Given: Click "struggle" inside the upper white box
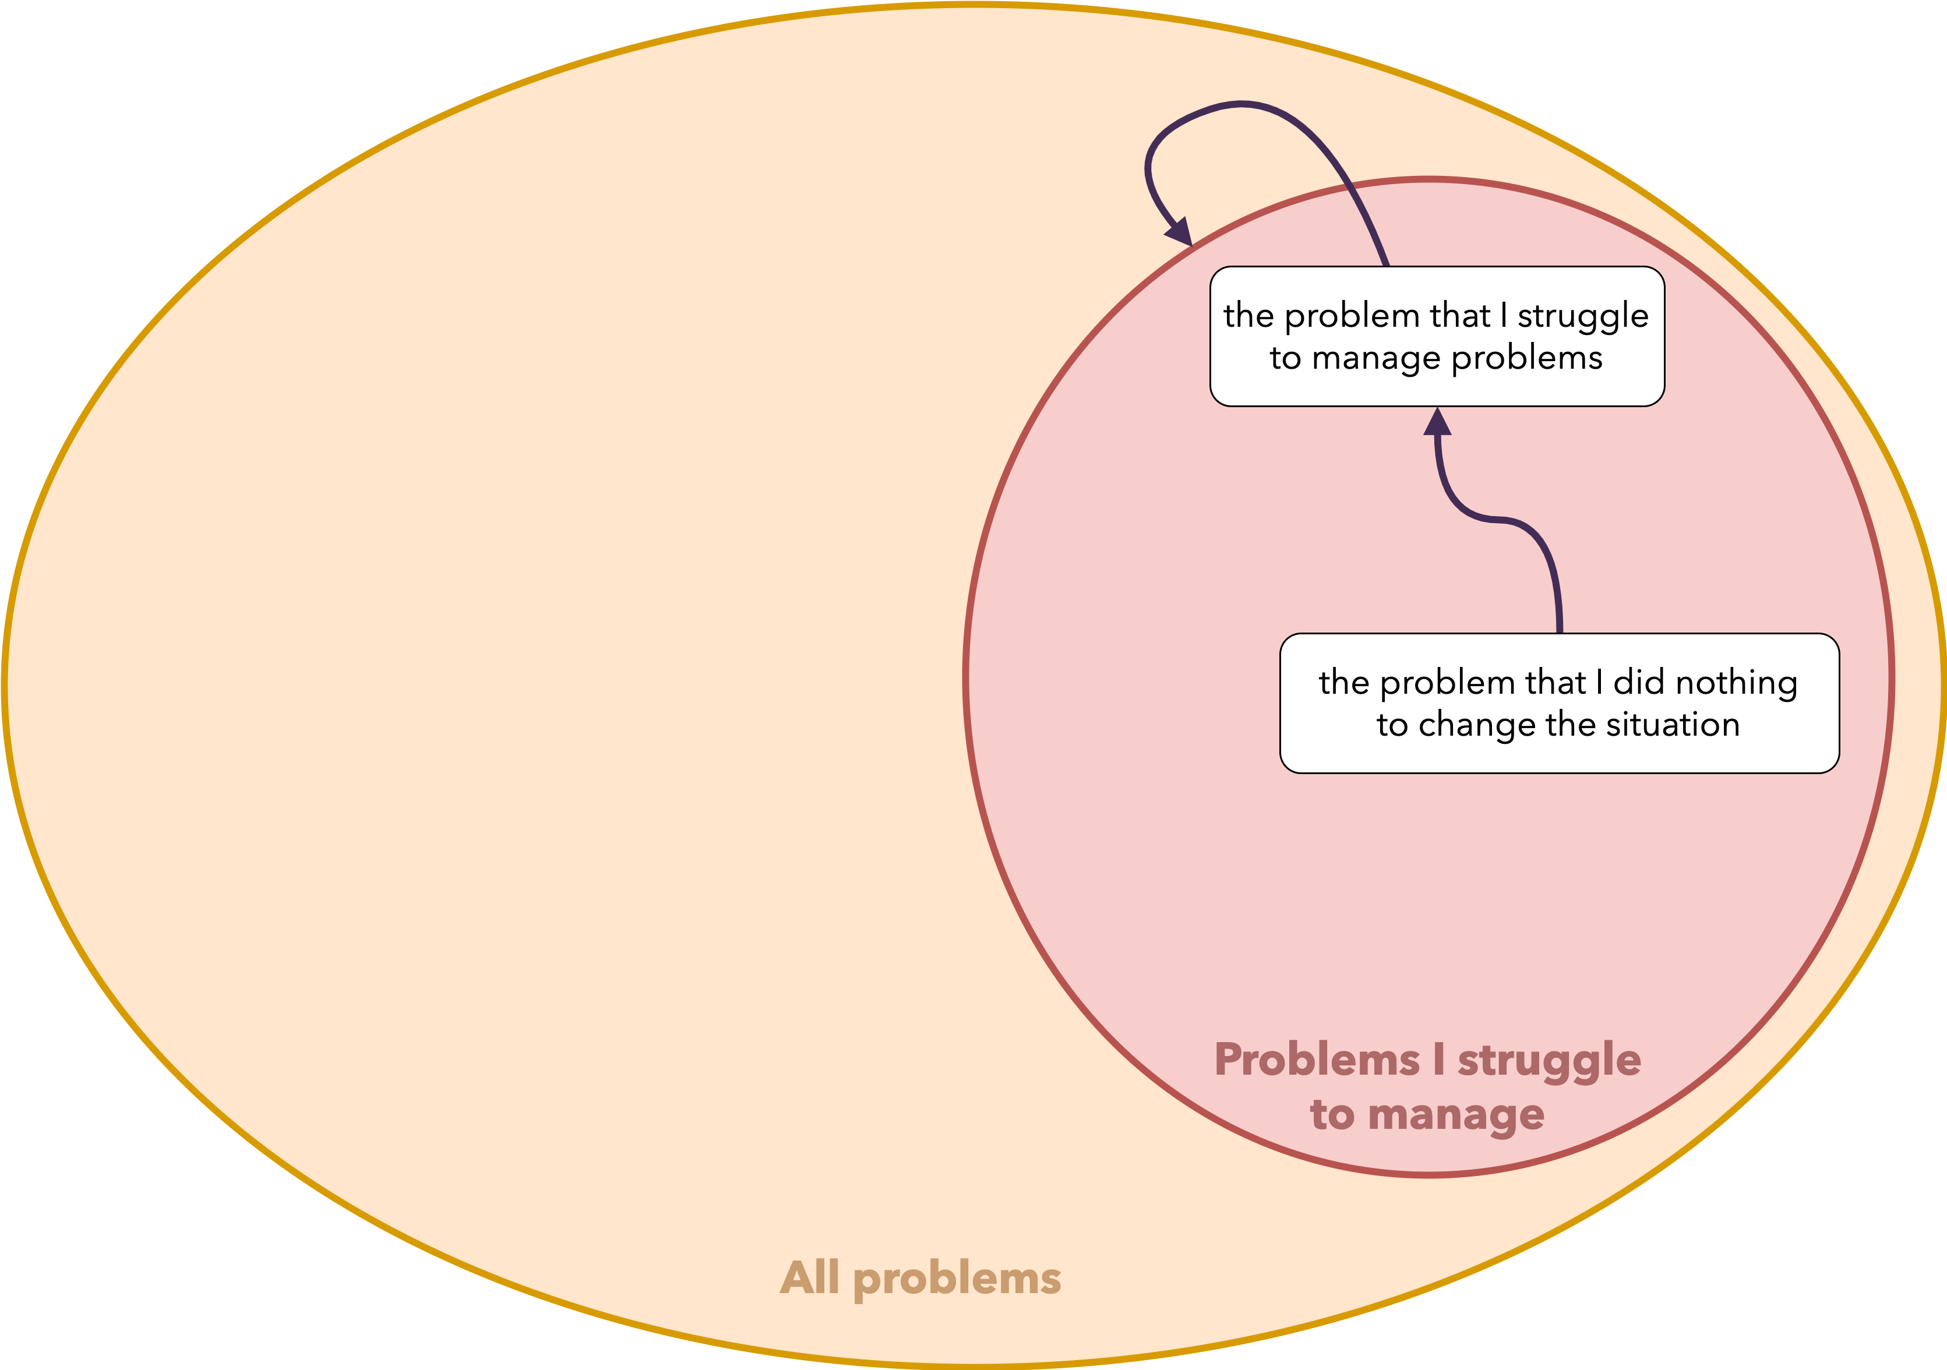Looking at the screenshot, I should click(x=1582, y=316).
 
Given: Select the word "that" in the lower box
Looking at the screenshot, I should click(x=1556, y=683).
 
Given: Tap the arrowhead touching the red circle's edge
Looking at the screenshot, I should click(x=1180, y=231).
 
